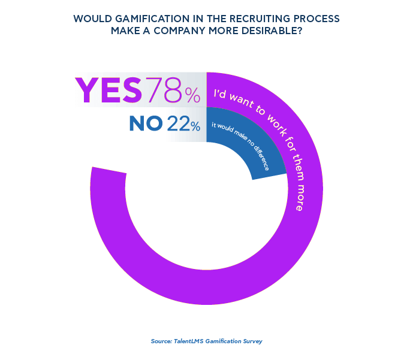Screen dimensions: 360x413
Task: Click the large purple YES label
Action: pyautogui.click(x=108, y=90)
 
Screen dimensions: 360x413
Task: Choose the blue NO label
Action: pyautogui.click(x=146, y=124)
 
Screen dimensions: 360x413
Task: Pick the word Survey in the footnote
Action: pyautogui.click(x=252, y=341)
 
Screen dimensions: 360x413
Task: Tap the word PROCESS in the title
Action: pyautogui.click(x=314, y=19)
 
